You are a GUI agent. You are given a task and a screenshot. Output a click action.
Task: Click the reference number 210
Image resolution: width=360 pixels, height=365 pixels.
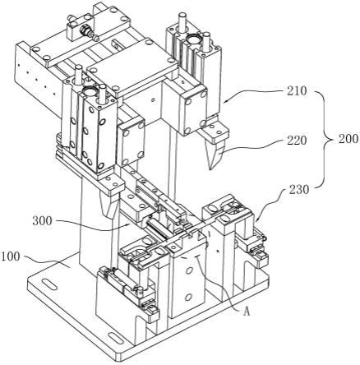(x=297, y=91)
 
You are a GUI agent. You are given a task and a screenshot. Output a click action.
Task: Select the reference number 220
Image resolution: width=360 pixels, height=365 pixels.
(x=297, y=141)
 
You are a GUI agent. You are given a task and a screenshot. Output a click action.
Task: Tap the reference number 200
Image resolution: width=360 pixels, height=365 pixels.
(x=348, y=139)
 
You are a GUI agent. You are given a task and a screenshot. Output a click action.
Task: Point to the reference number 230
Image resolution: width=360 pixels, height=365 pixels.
(x=299, y=189)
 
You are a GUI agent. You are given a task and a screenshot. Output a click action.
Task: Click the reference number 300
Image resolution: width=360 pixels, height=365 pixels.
(x=42, y=221)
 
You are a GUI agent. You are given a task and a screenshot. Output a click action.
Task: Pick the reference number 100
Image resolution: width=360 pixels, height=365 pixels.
(x=11, y=256)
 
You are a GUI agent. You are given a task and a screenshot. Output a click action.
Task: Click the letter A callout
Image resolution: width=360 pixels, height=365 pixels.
(x=247, y=312)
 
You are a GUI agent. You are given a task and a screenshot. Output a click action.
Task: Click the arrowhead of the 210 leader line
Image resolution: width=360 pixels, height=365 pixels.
(x=225, y=102)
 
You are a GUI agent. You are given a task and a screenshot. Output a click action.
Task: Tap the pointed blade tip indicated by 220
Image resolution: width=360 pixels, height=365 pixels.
(x=210, y=169)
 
